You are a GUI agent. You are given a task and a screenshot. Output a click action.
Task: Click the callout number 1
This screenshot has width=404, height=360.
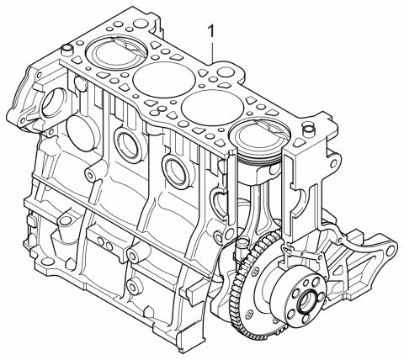[x=212, y=30]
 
